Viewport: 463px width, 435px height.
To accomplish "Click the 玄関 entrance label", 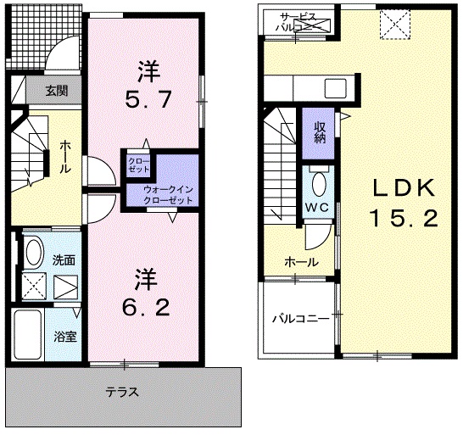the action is click(57, 91).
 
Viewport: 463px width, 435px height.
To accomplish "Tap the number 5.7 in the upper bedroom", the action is click(148, 99).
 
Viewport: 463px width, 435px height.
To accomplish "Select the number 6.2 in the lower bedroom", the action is click(147, 307).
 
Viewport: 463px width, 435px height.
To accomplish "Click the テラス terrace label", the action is click(122, 392).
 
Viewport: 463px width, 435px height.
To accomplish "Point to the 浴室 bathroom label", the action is click(65, 337).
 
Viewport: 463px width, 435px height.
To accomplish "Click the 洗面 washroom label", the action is click(64, 260).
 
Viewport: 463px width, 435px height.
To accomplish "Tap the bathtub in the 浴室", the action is click(28, 334).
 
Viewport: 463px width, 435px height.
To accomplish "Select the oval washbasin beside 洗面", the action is click(33, 252).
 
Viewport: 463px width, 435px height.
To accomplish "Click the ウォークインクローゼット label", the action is click(168, 195).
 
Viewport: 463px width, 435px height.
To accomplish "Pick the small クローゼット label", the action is click(139, 165).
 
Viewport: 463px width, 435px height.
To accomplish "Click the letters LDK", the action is click(404, 188).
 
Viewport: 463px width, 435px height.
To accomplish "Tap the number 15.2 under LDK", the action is click(404, 218).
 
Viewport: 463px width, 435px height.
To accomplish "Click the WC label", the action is click(317, 207).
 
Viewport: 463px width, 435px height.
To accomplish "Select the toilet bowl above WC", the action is click(319, 184).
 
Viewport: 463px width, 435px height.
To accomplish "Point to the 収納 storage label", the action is click(320, 132).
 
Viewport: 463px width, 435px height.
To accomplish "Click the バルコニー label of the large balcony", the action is click(300, 319).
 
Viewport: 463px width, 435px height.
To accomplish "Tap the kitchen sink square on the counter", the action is click(336, 88).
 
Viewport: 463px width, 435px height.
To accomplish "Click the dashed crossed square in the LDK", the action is click(395, 25).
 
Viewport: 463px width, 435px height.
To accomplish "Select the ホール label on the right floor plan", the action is click(302, 262).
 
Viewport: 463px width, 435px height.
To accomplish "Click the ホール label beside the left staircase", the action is click(65, 157).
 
